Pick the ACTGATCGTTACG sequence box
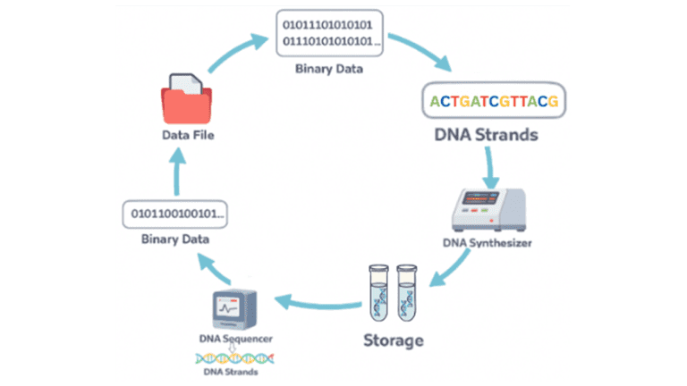(493, 101)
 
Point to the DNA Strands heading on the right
(493, 136)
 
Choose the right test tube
(408, 293)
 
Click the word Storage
(394, 340)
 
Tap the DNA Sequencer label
(235, 340)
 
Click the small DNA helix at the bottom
(235, 357)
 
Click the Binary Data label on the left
(175, 239)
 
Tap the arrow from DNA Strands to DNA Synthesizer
(490, 167)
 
